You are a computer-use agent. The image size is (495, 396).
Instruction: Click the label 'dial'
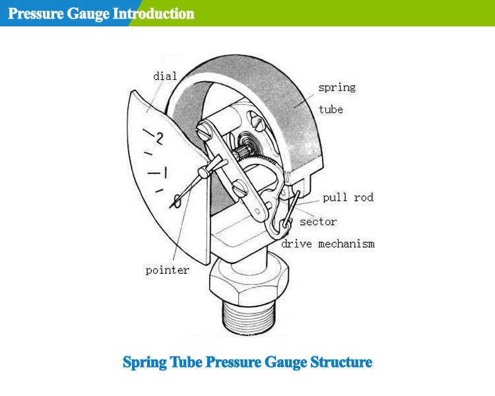point(164,77)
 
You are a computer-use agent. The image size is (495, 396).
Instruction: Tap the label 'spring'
point(337,87)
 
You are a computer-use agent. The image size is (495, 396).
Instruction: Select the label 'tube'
point(331,110)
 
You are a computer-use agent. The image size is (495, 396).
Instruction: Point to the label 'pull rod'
point(348,197)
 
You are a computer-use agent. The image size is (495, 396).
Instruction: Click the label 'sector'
point(318,222)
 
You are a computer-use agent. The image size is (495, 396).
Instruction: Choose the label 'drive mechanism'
point(328,244)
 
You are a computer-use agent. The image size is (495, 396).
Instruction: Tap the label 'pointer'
point(167,270)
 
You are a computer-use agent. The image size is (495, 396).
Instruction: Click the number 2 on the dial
point(158,138)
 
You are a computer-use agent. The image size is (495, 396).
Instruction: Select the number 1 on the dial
point(165,173)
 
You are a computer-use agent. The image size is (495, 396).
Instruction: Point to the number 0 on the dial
point(176,199)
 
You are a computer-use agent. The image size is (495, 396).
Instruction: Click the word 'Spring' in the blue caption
point(143,363)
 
